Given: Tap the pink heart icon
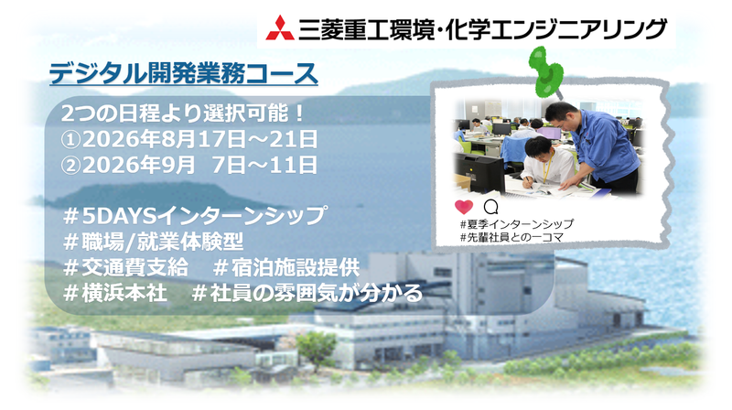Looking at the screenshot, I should pos(463,207).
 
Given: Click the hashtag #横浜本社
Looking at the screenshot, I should pos(113,293).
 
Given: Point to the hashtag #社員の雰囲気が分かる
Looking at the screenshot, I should pos(307,293).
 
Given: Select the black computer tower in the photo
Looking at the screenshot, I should pos(476,171).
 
